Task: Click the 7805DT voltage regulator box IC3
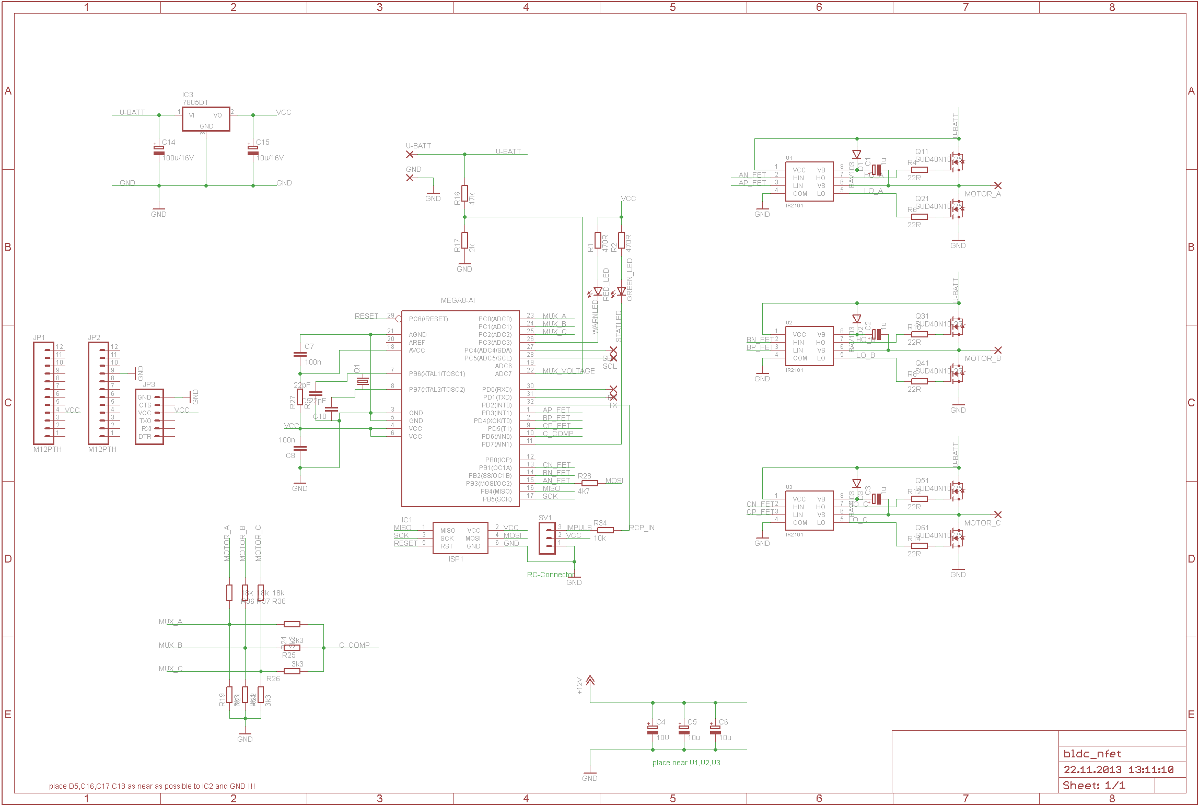click(206, 119)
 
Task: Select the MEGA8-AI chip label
click(458, 300)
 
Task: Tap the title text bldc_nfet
click(1092, 754)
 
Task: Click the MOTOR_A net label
click(982, 194)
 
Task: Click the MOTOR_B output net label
click(982, 358)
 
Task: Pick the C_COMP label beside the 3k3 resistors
click(354, 645)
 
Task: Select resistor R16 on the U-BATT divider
click(464, 193)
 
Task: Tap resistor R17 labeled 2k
click(464, 240)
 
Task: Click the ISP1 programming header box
click(460, 538)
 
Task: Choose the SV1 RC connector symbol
click(547, 538)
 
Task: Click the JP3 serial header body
click(149, 417)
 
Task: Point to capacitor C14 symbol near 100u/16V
click(159, 150)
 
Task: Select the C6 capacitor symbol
click(715, 729)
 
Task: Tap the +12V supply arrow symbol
click(590, 681)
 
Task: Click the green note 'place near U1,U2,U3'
click(686, 763)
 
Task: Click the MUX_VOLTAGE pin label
click(568, 371)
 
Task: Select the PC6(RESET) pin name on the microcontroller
click(428, 319)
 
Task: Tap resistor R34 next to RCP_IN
click(605, 530)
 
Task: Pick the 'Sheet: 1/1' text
click(1094, 785)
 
